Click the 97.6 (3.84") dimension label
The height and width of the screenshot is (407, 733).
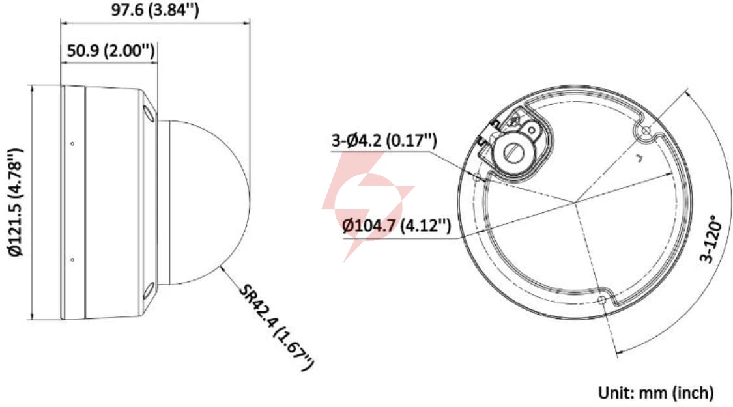click(154, 9)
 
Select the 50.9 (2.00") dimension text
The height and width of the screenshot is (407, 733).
click(110, 50)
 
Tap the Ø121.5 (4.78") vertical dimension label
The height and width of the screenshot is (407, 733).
click(16, 202)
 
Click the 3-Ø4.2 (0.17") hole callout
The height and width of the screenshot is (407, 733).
click(384, 140)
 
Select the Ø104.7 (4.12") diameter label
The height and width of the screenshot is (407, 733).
click(396, 226)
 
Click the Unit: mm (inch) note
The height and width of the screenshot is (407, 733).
click(656, 392)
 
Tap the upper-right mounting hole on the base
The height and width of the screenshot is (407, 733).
click(646, 130)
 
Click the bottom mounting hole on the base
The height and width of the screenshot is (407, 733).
click(602, 300)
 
